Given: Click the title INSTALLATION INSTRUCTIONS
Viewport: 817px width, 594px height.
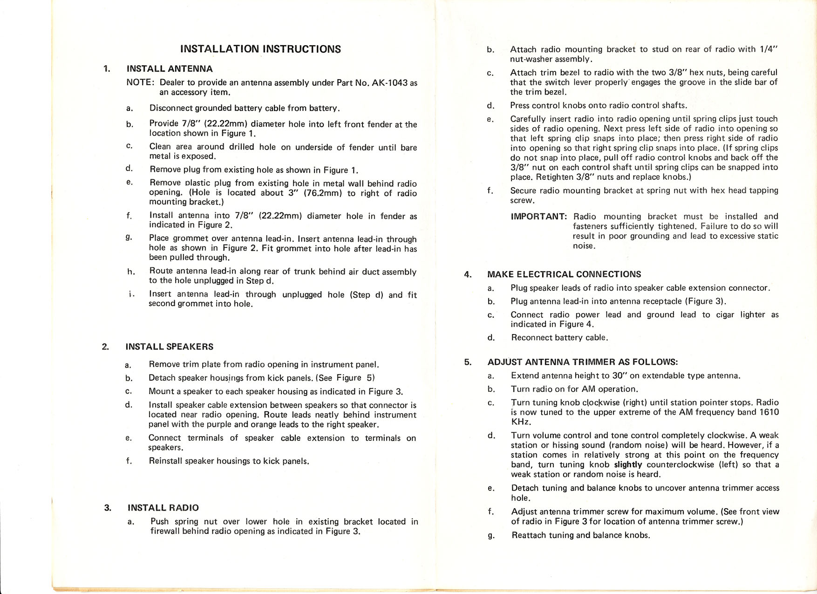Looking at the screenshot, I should pos(260,49).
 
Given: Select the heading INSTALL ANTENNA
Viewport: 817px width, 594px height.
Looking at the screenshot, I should pos(170,69).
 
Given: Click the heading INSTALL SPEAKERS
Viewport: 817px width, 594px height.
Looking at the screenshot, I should pos(169,347).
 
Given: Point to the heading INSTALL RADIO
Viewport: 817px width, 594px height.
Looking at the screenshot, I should pos(163,508).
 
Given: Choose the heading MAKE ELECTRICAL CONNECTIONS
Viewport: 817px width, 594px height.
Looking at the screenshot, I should pos(564,274).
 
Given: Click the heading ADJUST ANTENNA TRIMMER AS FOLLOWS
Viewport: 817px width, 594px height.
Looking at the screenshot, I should pos(582,362).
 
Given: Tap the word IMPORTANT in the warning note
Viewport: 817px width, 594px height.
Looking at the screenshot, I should pos(538,217).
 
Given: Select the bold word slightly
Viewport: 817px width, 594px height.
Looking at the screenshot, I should pos(628,464).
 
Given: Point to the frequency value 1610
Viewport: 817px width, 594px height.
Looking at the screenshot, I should pos(769,412).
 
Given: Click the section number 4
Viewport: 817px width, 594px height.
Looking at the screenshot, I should pos(468,274).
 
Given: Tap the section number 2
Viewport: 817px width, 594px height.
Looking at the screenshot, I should pos(105,347).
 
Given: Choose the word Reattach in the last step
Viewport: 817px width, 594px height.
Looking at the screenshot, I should pos(529,535).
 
